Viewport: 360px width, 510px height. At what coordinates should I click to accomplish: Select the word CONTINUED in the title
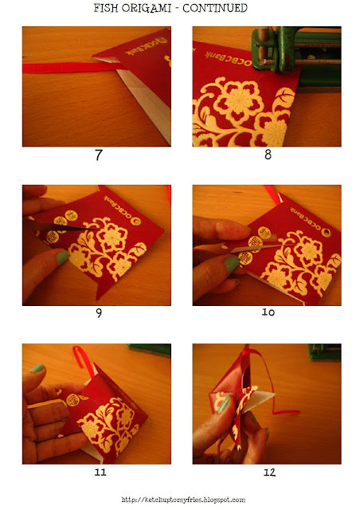[215, 8]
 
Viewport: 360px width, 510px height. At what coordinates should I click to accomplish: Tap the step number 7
[99, 155]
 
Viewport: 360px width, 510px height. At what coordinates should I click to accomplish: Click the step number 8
[268, 154]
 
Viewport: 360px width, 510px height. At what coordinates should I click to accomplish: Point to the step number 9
[99, 313]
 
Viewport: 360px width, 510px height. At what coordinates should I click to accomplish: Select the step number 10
[268, 312]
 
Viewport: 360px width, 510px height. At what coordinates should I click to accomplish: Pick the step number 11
[100, 472]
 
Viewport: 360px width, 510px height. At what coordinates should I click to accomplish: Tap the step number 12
[269, 472]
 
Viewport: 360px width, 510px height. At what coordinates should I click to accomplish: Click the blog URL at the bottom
[183, 500]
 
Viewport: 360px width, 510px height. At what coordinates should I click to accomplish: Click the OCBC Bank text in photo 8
[228, 59]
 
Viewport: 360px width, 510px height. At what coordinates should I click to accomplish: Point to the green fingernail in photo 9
[62, 257]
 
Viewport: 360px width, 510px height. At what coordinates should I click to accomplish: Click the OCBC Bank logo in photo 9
[135, 222]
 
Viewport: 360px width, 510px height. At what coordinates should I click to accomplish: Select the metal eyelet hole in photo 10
[325, 232]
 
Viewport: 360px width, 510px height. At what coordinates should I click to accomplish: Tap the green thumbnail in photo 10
[231, 264]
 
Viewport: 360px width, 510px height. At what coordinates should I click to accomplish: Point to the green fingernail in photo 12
[224, 403]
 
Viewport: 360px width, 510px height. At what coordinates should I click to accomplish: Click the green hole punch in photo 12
[324, 351]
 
